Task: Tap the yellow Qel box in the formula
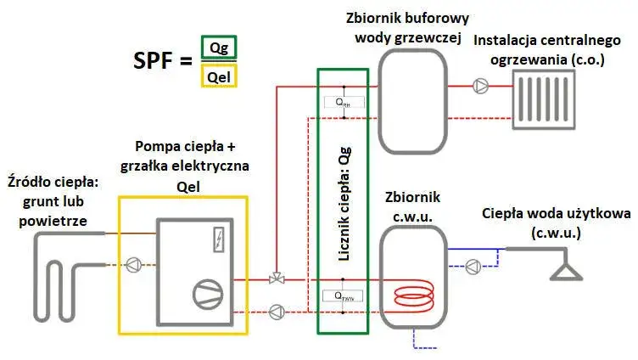tap(219, 77)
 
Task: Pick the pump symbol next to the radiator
tap(481, 85)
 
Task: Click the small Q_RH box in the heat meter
tap(344, 103)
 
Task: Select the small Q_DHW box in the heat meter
tap(344, 296)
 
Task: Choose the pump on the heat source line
tap(134, 265)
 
